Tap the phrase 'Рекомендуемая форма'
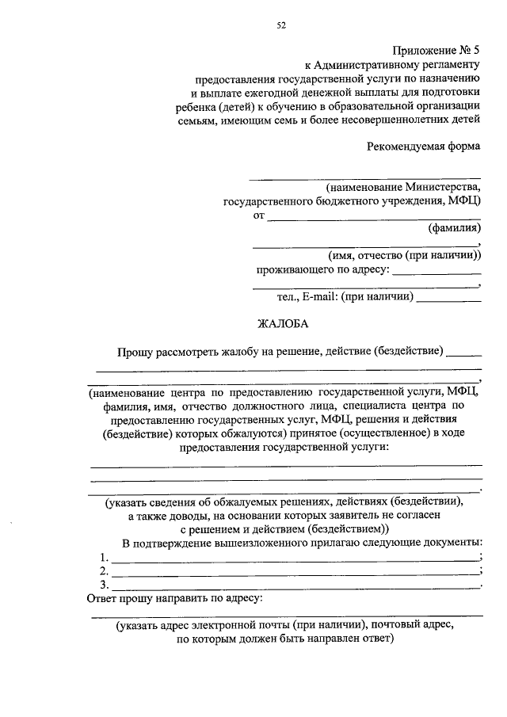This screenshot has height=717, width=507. coord(424,145)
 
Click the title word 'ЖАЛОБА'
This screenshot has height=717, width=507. coord(281,323)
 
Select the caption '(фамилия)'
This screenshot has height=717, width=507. coord(454,229)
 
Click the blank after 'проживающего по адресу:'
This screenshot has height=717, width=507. coord(436,273)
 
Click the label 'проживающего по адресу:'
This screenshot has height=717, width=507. coord(322,270)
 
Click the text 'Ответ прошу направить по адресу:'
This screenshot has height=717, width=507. coord(173,599)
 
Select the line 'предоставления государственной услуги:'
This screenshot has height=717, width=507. coord(286,447)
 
